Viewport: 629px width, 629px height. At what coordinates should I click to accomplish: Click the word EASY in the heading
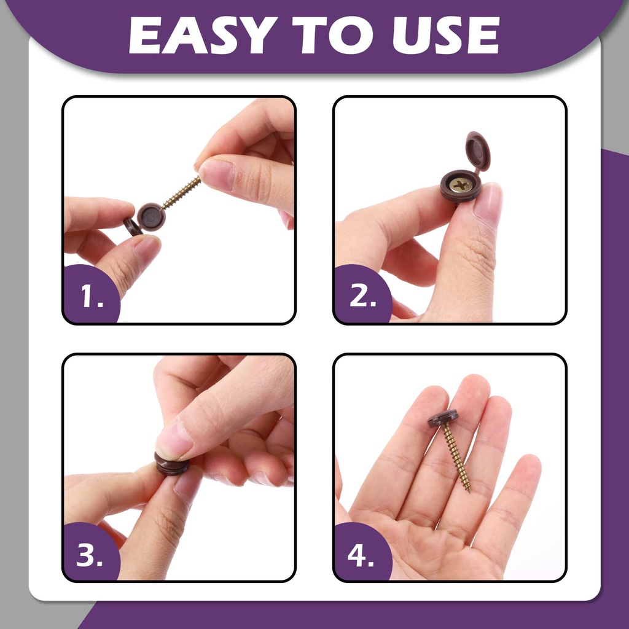(x=203, y=35)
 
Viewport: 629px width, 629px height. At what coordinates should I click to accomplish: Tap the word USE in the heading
(x=446, y=35)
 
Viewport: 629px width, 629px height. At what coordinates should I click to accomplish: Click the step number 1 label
(x=92, y=296)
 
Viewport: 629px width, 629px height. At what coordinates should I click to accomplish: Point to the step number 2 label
(x=362, y=296)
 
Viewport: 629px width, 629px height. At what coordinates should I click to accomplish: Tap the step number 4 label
(x=361, y=555)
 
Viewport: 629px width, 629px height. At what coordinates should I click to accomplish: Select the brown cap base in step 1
(x=151, y=217)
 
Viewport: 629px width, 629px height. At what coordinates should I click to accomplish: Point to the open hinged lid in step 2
(x=478, y=151)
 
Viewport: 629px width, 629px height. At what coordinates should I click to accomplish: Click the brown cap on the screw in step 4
(x=443, y=418)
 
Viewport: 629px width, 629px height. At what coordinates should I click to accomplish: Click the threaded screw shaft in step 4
(x=456, y=457)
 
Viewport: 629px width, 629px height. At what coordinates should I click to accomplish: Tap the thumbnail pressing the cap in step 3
(x=174, y=440)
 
